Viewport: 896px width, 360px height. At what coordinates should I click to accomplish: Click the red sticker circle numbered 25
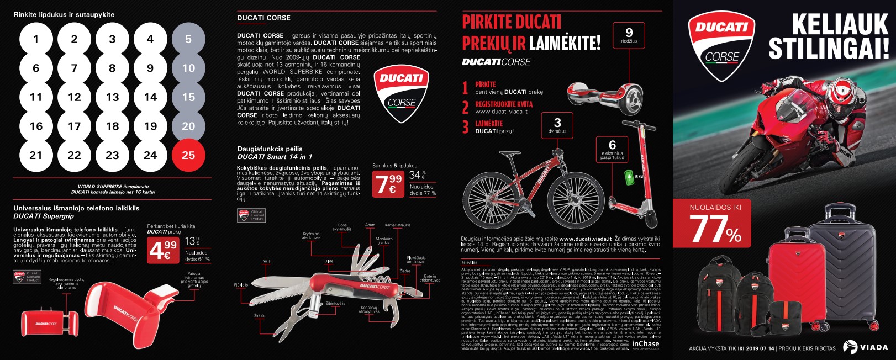coord(188,155)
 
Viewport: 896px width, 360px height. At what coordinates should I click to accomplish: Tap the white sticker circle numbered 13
coord(112,97)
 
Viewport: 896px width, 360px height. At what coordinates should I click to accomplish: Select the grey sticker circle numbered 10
coord(188,68)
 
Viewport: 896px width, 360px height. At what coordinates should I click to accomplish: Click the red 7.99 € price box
coord(388,183)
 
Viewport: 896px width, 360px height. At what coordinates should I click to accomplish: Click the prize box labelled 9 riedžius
coord(629,36)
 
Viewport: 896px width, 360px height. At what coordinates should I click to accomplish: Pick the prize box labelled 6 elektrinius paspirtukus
coord(612,150)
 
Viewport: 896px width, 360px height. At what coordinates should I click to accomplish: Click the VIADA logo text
coord(873,347)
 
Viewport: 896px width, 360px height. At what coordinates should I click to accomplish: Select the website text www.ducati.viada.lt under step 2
coord(501,112)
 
